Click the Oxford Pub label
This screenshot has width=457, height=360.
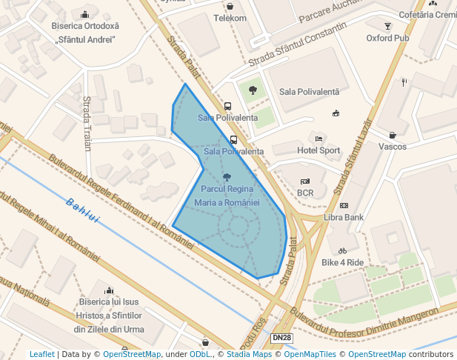[387, 38]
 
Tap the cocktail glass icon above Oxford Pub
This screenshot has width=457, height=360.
[387, 26]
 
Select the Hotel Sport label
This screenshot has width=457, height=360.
[318, 150]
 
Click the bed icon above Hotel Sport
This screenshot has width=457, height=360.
[318, 139]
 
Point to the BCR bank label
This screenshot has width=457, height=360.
[305, 193]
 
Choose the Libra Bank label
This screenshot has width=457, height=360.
[344, 217]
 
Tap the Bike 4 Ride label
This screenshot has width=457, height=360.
[343, 262]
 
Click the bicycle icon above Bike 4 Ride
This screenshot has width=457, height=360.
[342, 250]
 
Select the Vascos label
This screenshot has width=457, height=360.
[393, 147]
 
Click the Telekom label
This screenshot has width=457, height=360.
[230, 18]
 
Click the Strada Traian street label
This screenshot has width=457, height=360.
[87, 123]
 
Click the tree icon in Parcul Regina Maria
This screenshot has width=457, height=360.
[227, 177]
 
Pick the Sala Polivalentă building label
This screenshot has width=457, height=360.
[309, 92]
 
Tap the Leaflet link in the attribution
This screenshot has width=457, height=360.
[41, 354]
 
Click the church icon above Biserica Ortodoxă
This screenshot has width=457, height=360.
[85, 14]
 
